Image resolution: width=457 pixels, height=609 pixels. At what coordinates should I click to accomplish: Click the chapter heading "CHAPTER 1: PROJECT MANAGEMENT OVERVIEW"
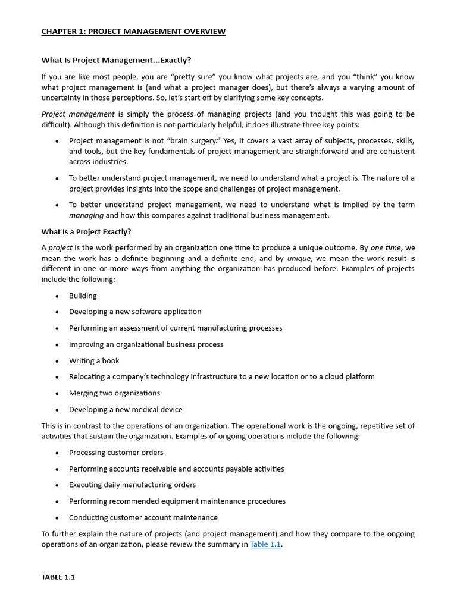pyautogui.click(x=133, y=32)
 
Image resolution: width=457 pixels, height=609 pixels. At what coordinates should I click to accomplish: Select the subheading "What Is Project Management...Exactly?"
pyautogui.click(x=116, y=60)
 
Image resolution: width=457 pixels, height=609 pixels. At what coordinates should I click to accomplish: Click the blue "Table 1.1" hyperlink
pyautogui.click(x=265, y=544)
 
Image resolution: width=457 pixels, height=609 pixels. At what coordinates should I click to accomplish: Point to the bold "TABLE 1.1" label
pyautogui.click(x=58, y=577)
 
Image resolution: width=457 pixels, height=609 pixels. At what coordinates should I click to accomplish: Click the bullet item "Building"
pyautogui.click(x=83, y=296)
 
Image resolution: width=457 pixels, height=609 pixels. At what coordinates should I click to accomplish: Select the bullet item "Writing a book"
pyautogui.click(x=94, y=360)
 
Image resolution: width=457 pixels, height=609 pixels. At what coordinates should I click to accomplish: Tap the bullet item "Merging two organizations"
pyautogui.click(x=114, y=393)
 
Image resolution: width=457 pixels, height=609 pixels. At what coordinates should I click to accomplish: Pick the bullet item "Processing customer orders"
pyautogui.click(x=116, y=453)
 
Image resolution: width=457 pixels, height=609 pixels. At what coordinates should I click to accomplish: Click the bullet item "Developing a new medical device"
pyautogui.click(x=126, y=409)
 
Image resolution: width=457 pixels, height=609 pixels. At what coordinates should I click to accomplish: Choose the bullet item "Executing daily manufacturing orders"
pyautogui.click(x=132, y=485)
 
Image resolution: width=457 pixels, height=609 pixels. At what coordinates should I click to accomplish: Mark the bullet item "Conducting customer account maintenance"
pyautogui.click(x=143, y=517)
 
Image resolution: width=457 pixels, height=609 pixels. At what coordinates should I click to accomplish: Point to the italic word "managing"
pyautogui.click(x=86, y=215)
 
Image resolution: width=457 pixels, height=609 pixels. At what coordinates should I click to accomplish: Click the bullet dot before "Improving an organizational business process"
pyautogui.click(x=57, y=344)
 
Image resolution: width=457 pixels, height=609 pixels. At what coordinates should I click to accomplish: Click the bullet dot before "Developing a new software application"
pyautogui.click(x=57, y=312)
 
